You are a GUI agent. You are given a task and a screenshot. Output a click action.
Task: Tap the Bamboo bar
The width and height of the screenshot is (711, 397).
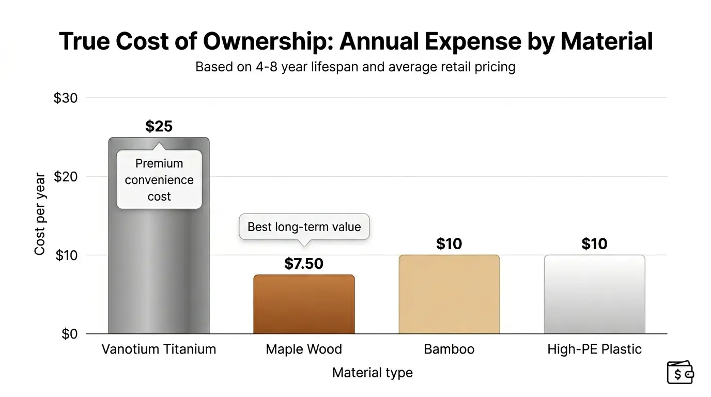pyautogui.click(x=449, y=294)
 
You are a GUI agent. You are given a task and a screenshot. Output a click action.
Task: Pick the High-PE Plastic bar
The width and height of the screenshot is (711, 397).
pyautogui.click(x=594, y=294)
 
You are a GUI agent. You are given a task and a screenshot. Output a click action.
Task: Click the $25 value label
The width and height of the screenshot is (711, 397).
pyautogui.click(x=159, y=126)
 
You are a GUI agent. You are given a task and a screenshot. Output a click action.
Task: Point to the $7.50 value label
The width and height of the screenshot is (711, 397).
pyautogui.click(x=304, y=264)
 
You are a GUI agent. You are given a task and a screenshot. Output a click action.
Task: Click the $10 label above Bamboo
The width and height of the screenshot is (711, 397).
pyautogui.click(x=449, y=243)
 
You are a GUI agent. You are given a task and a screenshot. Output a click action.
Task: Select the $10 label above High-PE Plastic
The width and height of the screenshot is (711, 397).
pyautogui.click(x=594, y=243)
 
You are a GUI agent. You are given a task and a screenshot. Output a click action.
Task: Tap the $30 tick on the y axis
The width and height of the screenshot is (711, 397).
pyautogui.click(x=66, y=98)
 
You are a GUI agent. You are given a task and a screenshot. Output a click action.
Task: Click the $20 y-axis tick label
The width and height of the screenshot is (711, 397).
pyautogui.click(x=66, y=177)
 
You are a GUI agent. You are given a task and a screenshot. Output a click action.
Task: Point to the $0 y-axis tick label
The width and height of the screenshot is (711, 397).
pyautogui.click(x=69, y=334)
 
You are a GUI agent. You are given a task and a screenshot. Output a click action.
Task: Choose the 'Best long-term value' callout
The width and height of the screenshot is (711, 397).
pyautogui.click(x=304, y=226)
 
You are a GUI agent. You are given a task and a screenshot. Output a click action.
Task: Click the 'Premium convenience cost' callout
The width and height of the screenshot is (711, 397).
pyautogui.click(x=159, y=179)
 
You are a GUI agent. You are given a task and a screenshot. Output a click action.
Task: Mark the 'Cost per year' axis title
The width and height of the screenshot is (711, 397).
pyautogui.click(x=40, y=214)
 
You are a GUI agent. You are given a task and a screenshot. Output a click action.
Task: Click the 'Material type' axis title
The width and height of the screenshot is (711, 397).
pyautogui.click(x=372, y=372)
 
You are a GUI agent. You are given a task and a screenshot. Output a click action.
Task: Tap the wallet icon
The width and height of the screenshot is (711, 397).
pyautogui.click(x=680, y=372)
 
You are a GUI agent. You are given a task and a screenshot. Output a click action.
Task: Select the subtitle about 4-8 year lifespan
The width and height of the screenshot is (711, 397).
pyautogui.click(x=355, y=67)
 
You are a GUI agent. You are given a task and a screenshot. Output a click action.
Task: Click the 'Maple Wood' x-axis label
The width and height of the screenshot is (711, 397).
pyautogui.click(x=304, y=349)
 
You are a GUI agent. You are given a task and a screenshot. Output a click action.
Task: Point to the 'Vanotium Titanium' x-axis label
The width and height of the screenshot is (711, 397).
pyautogui.click(x=159, y=349)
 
